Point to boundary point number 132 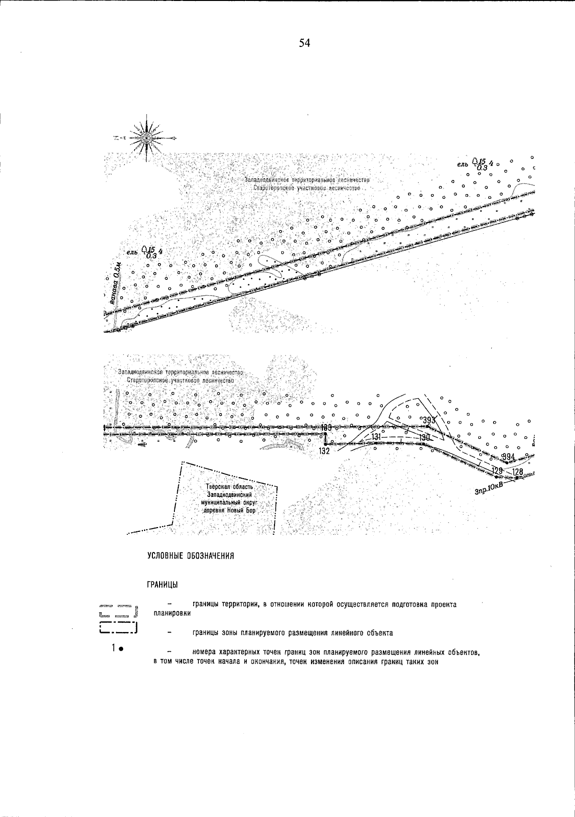coord(324,451)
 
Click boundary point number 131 coord(376,437)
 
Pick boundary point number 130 coord(425,437)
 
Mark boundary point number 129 coord(498,471)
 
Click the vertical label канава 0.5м coord(114,283)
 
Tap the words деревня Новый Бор coord(231,511)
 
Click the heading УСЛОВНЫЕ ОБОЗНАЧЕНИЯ coord(190,556)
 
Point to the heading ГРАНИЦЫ coord(163,586)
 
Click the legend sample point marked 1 coord(121,650)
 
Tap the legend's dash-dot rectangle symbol coord(118,627)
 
